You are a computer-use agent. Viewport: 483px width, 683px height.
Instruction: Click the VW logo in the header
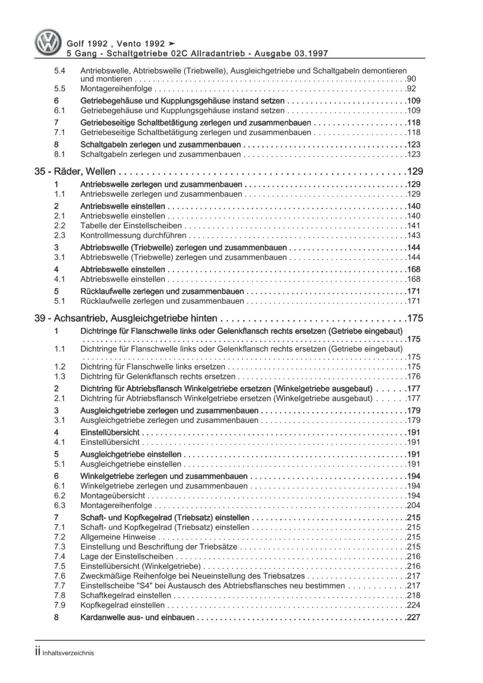point(48,43)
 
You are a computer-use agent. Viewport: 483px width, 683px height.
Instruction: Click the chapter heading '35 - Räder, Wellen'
point(75,171)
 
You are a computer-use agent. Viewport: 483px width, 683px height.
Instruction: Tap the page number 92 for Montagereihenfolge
point(411,89)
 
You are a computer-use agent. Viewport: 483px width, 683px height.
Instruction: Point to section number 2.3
point(59,236)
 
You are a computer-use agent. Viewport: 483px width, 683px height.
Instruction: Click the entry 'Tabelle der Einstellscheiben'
point(131,226)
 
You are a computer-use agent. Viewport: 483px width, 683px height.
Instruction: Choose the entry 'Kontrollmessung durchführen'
point(133,236)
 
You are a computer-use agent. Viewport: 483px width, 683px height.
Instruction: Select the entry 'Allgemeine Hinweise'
point(118,537)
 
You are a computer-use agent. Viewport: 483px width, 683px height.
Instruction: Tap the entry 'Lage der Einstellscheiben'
point(127,556)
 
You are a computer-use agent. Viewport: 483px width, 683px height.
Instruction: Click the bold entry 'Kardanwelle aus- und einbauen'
point(137,617)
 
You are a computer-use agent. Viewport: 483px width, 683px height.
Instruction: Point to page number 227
point(413,617)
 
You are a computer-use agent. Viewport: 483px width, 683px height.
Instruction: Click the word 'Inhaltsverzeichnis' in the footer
point(68,653)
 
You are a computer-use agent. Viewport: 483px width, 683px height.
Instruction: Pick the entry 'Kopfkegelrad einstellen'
point(122,605)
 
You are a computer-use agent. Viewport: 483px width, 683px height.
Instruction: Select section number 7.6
point(59,576)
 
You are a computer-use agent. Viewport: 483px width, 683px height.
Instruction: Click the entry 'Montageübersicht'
point(113,496)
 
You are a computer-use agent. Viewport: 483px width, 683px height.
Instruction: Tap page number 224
point(413,605)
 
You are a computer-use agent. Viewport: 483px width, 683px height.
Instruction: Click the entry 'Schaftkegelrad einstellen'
point(125,596)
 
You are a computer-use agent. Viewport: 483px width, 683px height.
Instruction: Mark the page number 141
point(413,226)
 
